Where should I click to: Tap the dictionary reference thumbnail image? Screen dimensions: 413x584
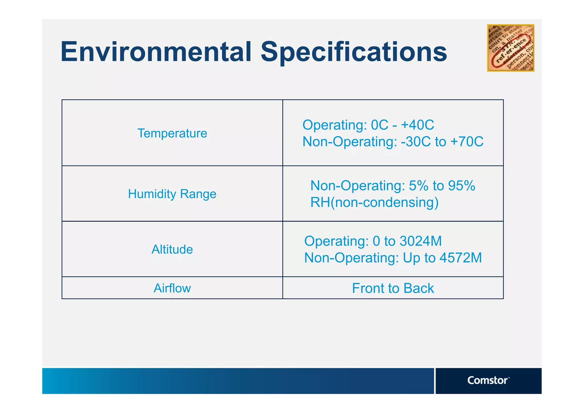click(x=510, y=48)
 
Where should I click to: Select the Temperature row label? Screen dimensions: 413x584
click(x=172, y=133)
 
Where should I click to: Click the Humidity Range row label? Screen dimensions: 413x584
click(x=172, y=194)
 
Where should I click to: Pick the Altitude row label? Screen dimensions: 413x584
click(x=172, y=249)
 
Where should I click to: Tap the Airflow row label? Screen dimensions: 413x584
click(x=172, y=288)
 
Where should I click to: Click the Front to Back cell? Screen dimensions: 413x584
click(x=393, y=288)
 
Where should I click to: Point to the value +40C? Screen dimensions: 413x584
click(x=417, y=125)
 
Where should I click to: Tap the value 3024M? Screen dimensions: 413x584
click(x=421, y=241)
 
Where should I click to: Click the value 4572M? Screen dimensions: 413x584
click(x=461, y=258)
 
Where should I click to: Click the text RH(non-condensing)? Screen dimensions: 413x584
click(x=374, y=203)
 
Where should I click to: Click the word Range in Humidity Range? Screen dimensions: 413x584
click(x=198, y=194)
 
